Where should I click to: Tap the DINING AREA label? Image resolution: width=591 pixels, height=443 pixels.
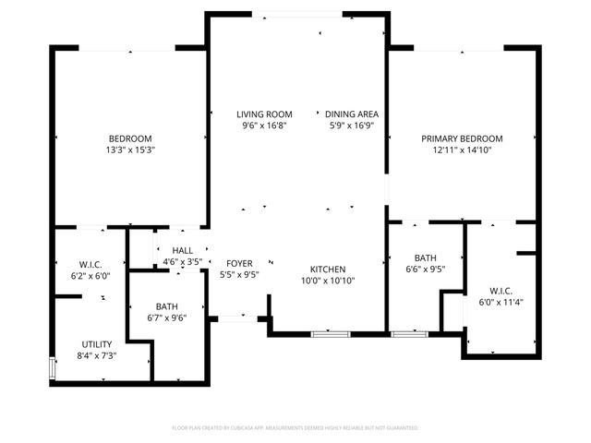[352, 114]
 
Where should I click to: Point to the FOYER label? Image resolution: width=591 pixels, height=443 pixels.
[239, 263]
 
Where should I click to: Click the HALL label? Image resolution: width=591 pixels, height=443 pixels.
[183, 250]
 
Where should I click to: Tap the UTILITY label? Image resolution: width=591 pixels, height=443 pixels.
[97, 343]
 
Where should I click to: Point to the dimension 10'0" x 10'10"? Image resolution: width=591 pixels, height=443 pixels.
[328, 281]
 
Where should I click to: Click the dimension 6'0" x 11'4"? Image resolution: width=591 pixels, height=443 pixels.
[500, 301]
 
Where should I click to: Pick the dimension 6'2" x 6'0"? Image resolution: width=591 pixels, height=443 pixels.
[90, 275]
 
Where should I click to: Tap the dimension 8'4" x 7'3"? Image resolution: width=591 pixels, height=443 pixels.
[97, 355]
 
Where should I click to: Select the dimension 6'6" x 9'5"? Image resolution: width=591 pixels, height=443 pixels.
[426, 270]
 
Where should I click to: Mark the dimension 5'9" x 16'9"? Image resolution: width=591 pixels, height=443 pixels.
[352, 126]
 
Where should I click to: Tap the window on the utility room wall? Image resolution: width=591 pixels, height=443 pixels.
[52, 368]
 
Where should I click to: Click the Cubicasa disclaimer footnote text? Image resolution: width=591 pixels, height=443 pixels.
[295, 428]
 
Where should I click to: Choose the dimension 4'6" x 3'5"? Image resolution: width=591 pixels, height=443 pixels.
[183, 262]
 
